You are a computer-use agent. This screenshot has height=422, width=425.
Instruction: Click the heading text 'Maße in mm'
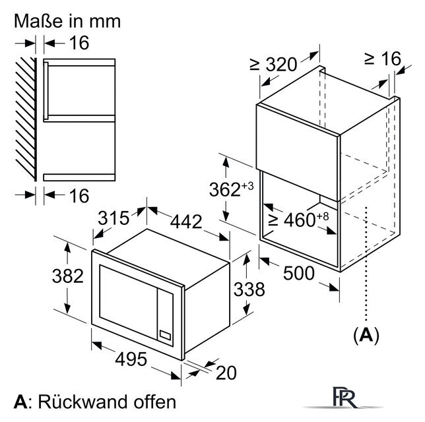[68, 20]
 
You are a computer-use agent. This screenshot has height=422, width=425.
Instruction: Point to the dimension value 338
[249, 289]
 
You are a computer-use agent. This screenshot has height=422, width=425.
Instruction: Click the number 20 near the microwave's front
[226, 373]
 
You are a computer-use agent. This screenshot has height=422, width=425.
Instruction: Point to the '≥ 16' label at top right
[382, 59]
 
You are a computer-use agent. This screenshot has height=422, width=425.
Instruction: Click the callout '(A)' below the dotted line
[367, 336]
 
